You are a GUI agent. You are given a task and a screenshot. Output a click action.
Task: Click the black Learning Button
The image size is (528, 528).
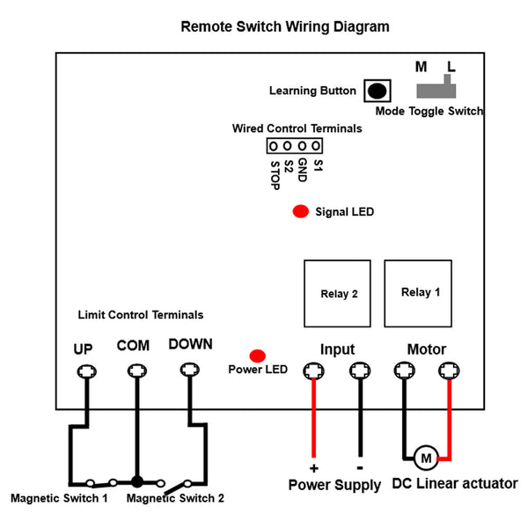(x=378, y=91)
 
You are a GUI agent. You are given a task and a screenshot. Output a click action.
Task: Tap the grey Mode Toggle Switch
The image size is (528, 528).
(x=436, y=89)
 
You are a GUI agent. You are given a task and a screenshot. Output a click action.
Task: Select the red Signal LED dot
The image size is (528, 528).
(x=301, y=211)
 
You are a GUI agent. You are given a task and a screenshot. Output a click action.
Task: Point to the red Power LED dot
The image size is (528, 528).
(x=258, y=356)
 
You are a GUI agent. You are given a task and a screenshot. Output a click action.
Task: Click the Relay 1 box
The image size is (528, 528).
(x=418, y=293)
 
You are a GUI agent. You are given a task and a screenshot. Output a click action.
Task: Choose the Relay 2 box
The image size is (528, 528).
(x=337, y=293)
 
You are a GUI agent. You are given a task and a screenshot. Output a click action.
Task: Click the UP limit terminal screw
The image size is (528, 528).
(x=87, y=371)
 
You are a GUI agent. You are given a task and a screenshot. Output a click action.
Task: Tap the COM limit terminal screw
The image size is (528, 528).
(x=137, y=371)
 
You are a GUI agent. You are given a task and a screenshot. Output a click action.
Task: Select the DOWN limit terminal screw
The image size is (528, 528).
(x=190, y=370)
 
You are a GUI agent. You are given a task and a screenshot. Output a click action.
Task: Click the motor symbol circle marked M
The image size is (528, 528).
(x=426, y=458)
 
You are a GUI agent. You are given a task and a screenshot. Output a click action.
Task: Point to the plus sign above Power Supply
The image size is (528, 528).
(x=313, y=468)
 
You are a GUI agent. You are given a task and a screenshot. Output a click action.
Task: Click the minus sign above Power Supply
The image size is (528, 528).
(x=360, y=468)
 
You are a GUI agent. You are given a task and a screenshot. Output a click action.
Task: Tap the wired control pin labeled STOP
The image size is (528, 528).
(x=273, y=146)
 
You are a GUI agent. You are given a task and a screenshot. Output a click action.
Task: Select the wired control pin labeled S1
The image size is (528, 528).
(x=316, y=146)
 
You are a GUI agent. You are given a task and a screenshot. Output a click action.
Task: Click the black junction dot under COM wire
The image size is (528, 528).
(x=137, y=482)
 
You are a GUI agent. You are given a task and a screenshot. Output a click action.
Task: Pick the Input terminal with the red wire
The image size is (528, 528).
(x=313, y=370)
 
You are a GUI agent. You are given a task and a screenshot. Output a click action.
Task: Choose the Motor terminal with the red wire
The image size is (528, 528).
(x=449, y=370)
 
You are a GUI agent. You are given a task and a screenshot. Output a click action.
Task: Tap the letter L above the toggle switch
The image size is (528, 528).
(x=451, y=67)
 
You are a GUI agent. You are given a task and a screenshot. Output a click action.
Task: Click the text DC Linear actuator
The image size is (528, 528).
(x=455, y=484)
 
